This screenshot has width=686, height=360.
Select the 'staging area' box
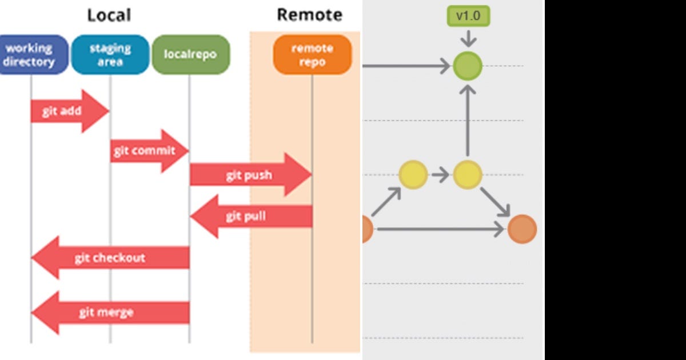(110, 55)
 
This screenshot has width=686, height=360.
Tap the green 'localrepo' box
(190, 55)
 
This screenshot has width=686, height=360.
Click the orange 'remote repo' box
(312, 55)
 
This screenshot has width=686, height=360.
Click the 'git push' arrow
(249, 175)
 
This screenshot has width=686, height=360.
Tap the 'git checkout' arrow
(109, 258)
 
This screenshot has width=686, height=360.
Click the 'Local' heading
(109, 15)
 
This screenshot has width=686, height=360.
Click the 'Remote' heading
(309, 15)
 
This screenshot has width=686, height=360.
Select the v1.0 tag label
(468, 16)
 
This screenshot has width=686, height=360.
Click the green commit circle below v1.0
(468, 66)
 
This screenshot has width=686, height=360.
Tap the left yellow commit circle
(413, 175)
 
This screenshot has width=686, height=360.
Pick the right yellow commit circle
(468, 175)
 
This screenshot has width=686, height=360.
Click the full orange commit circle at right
(522, 229)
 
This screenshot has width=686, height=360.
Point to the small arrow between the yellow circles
(440, 175)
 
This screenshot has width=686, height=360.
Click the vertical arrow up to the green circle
(468, 121)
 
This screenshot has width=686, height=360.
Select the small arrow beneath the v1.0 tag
(468, 38)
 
